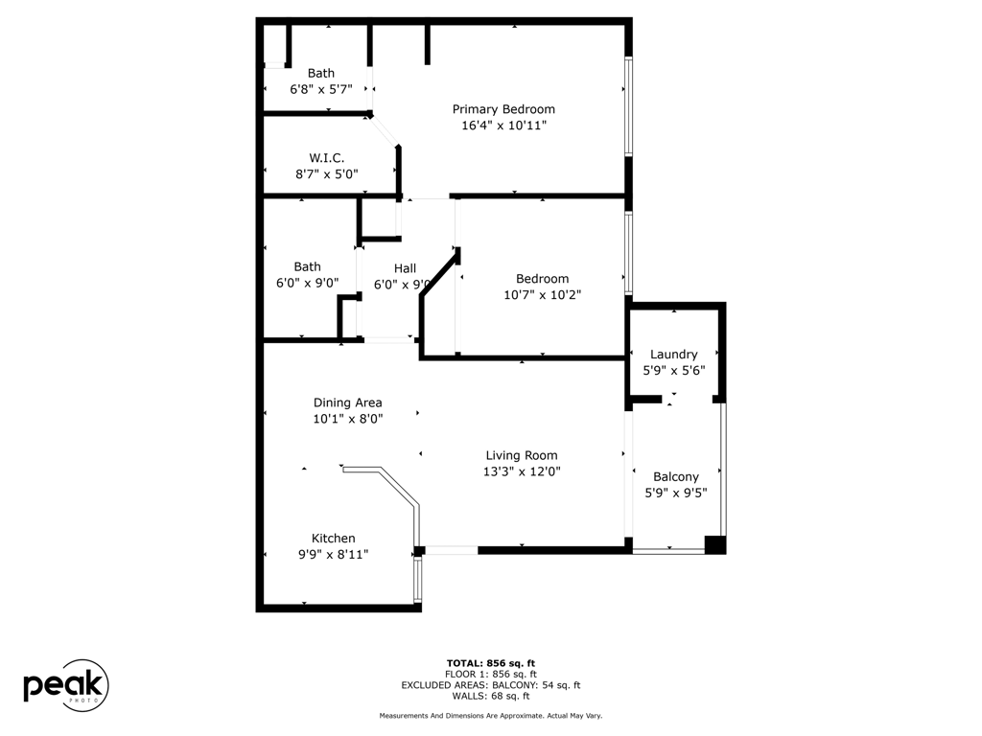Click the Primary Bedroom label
tap(503, 109)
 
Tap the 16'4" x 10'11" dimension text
tap(503, 125)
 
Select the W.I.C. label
tap(326, 158)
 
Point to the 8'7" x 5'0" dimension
tap(326, 174)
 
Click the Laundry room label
tap(673, 355)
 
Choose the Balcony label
tap(675, 477)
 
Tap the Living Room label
tap(521, 456)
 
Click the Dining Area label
tap(347, 403)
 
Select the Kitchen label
tap(333, 539)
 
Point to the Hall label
tap(405, 268)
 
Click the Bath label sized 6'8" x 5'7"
tap(321, 73)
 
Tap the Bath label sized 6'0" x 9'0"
tap(307, 267)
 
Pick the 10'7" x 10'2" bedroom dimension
tap(542, 295)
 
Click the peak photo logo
tap(65, 686)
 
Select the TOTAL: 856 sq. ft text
tap(491, 663)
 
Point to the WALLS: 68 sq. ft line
tap(491, 697)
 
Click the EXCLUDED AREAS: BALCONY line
tap(491, 685)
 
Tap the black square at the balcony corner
tap(714, 544)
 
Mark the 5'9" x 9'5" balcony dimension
tap(675, 494)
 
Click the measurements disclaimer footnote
tap(491, 716)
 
